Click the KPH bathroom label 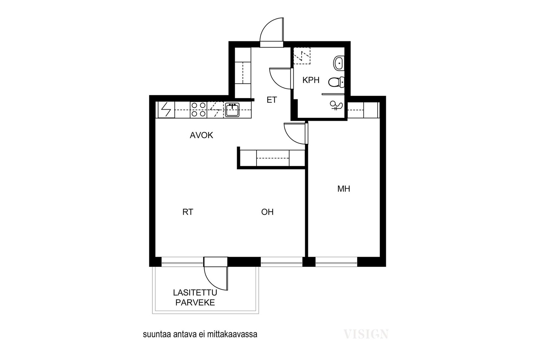click(x=311, y=80)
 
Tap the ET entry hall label click(x=272, y=100)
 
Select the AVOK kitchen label click(x=201, y=135)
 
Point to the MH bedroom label click(x=344, y=189)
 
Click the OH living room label click(x=267, y=212)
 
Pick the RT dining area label click(x=188, y=212)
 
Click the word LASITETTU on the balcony click(x=195, y=293)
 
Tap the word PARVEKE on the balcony click(x=195, y=303)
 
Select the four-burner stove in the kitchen click(x=198, y=110)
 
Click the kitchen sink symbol click(x=233, y=110)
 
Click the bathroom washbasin click(x=339, y=63)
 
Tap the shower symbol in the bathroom click(x=336, y=105)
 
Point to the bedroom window click(x=336, y=262)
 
